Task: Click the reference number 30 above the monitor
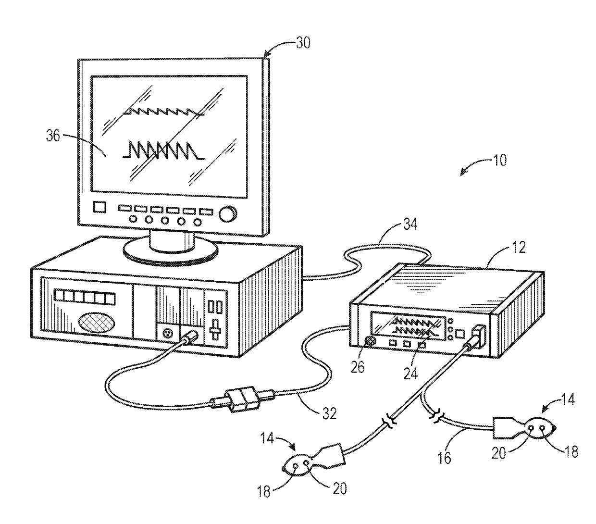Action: [303, 43]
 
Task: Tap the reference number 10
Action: [500, 160]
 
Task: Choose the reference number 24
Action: [410, 374]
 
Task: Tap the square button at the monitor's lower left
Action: [99, 207]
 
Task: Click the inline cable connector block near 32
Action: [243, 399]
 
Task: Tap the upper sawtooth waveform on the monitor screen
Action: [163, 112]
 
